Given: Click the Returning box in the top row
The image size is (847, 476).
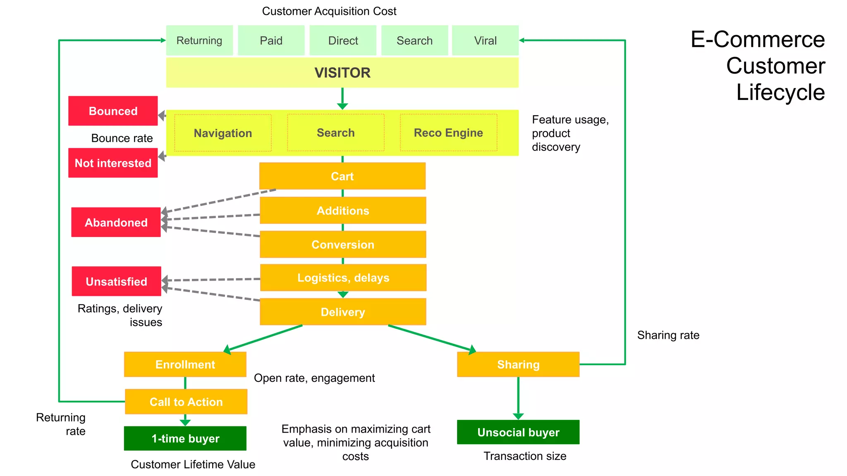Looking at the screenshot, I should click(x=199, y=40).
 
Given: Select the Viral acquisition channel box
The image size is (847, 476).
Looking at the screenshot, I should click(x=485, y=40).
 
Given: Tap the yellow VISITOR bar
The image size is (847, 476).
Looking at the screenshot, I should click(x=342, y=73).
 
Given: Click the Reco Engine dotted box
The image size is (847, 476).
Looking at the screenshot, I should click(x=448, y=133).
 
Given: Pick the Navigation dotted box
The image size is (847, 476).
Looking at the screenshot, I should click(x=223, y=133).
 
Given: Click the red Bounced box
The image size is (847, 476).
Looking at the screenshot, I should click(x=113, y=111).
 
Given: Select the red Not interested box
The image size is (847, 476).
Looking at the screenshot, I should click(x=113, y=163).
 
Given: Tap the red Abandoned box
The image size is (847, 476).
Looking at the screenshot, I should click(x=116, y=222).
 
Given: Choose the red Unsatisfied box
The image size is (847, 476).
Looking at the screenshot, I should click(x=116, y=281).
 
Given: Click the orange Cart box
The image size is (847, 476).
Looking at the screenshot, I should click(x=342, y=176).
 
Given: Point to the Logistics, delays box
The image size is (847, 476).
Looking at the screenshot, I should click(x=343, y=278).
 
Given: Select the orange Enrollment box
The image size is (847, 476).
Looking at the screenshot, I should click(x=185, y=364).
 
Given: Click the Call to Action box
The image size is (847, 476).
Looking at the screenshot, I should click(x=186, y=402).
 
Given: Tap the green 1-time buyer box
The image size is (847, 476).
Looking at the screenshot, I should click(x=185, y=438).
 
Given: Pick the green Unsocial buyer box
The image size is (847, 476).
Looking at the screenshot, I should click(x=518, y=432).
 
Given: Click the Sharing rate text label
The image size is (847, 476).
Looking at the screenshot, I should click(x=668, y=335).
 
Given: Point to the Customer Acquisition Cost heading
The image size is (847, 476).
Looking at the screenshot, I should click(x=329, y=11).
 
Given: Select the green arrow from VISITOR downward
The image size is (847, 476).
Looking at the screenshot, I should click(x=342, y=99).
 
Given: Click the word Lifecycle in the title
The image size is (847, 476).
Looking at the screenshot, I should click(x=780, y=92).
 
